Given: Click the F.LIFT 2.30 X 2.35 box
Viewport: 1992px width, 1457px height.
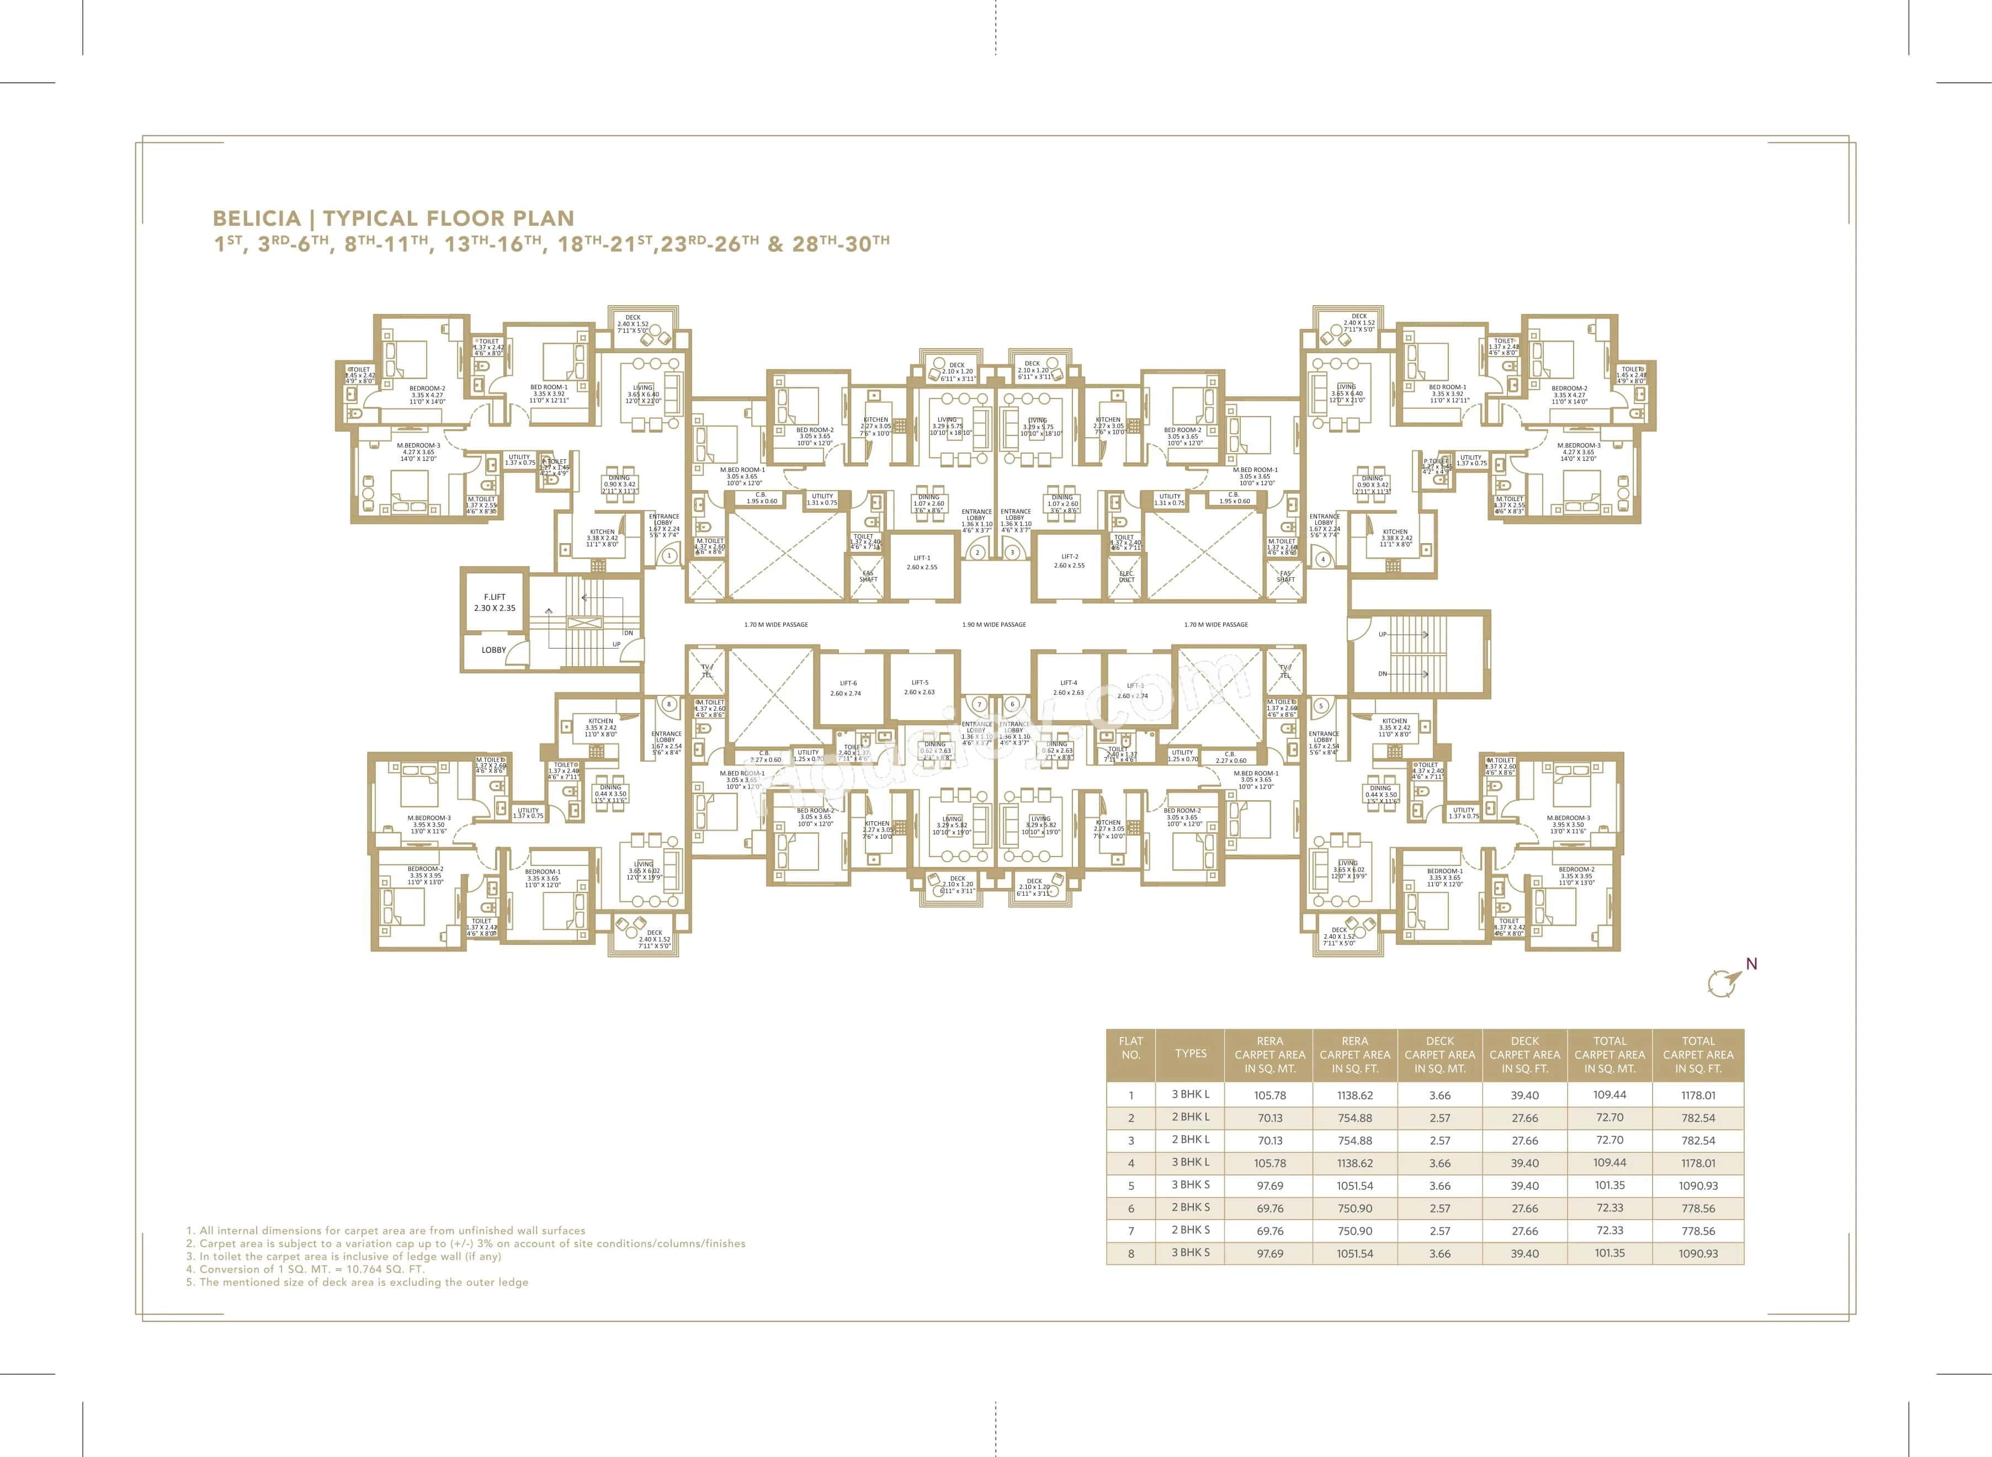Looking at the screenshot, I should (494, 602).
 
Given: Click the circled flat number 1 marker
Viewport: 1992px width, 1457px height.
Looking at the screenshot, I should (670, 556).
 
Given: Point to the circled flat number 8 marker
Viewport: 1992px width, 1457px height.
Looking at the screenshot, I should (670, 704).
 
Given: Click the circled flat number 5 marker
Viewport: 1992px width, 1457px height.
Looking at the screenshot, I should (1320, 705).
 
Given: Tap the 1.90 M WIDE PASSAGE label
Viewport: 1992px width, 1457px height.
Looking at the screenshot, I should (994, 624).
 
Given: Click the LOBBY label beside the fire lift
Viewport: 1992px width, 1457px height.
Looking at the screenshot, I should (494, 650).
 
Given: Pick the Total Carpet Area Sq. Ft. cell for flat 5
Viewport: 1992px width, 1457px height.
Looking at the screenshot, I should (1697, 1185).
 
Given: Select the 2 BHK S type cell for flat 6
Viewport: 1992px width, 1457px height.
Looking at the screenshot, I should (1191, 1208).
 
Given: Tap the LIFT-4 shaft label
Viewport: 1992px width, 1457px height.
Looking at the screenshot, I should (1068, 688).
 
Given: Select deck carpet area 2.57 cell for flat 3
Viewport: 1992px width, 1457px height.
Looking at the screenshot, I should (1439, 1140).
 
